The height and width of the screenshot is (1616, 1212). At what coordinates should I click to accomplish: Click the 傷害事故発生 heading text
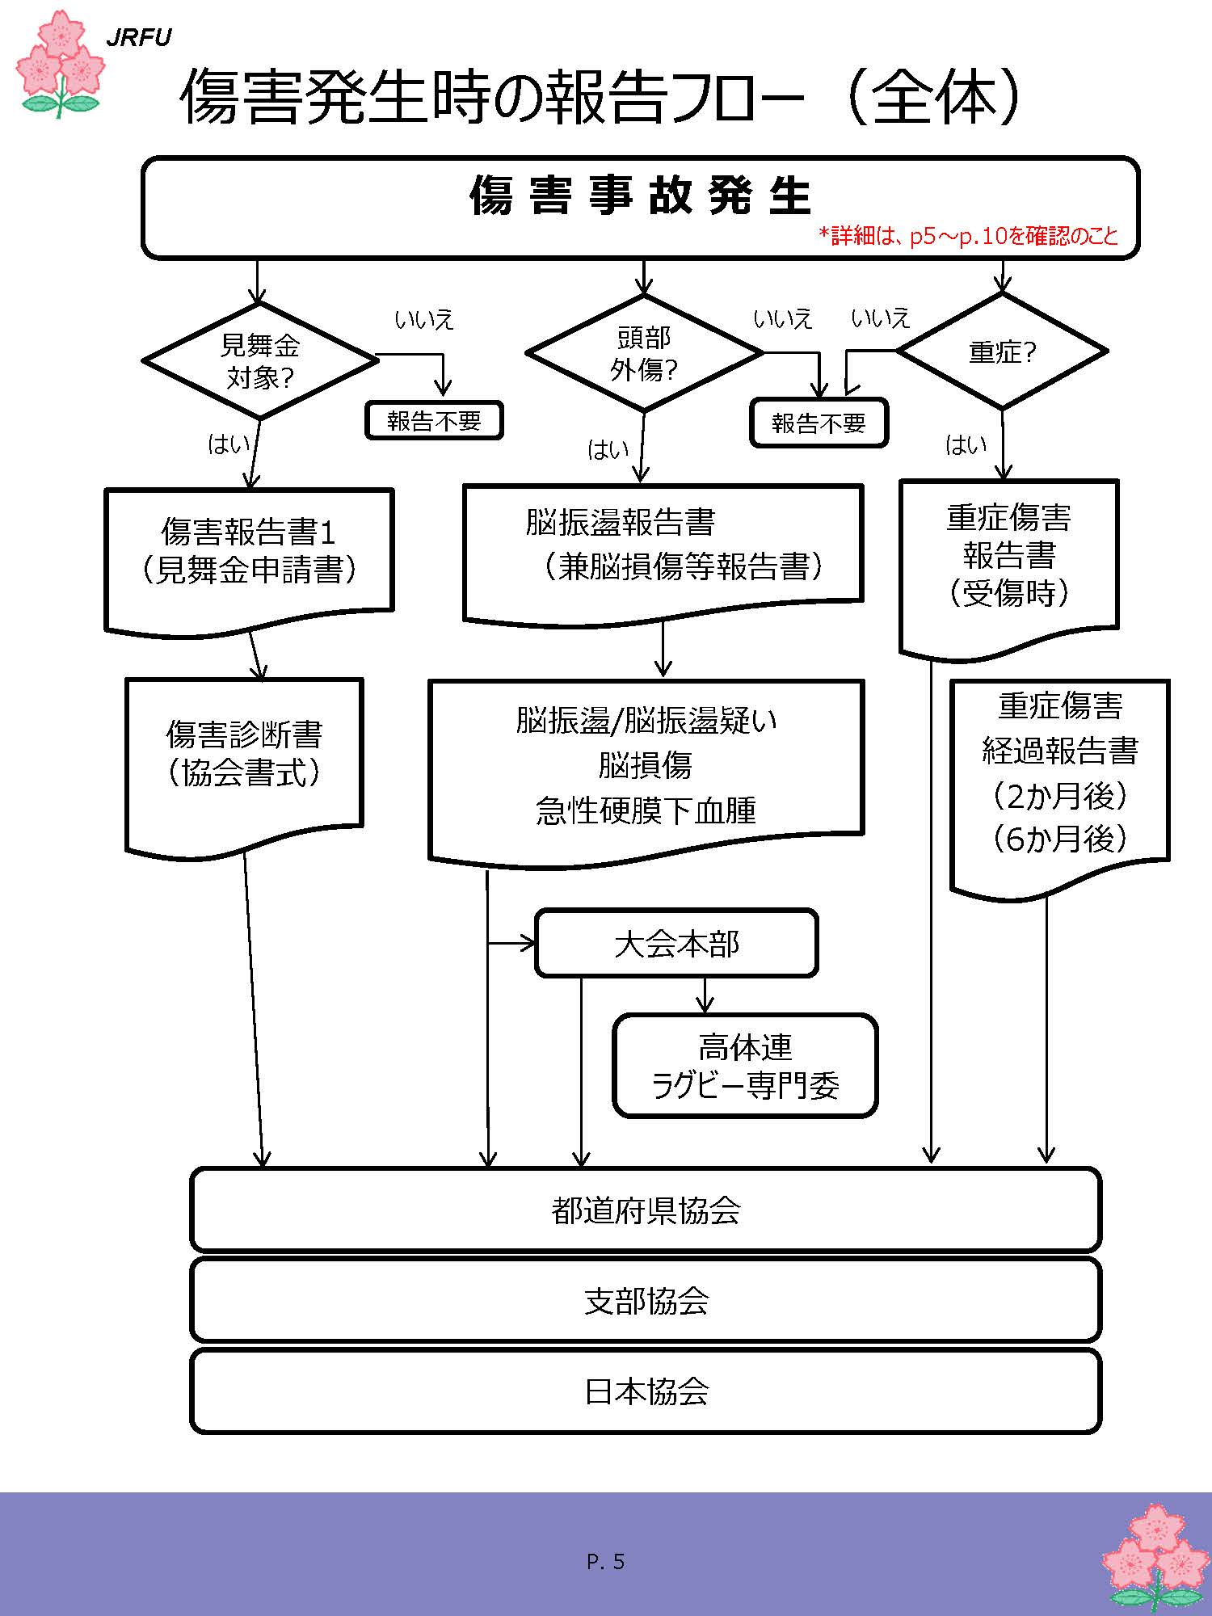pos(640,196)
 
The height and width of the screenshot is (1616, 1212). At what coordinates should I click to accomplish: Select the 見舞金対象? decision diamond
pos(259,361)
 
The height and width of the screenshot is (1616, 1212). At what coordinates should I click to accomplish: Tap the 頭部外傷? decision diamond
pos(644,354)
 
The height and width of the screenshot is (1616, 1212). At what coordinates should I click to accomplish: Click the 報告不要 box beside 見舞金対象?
pos(434,421)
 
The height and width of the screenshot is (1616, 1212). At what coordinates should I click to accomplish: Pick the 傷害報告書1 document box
pos(249,551)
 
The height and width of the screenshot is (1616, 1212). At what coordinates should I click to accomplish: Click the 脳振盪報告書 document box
pos(663,545)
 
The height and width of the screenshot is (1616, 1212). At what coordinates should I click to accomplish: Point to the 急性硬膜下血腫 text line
pos(646,810)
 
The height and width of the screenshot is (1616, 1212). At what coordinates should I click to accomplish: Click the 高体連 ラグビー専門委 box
pos(745,1066)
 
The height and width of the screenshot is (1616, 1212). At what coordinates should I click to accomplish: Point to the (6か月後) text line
pos(1059,839)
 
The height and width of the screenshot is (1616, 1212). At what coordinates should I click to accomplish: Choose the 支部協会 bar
pos(646,1300)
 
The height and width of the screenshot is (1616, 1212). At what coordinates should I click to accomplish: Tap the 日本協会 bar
pos(646,1391)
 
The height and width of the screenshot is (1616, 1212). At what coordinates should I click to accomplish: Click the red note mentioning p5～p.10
pos(968,236)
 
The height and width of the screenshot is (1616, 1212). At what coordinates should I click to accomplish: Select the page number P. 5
pos(606,1562)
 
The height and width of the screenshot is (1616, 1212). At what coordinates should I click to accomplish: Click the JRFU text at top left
pos(139,38)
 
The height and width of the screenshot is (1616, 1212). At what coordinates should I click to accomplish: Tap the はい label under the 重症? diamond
pos(966,445)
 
